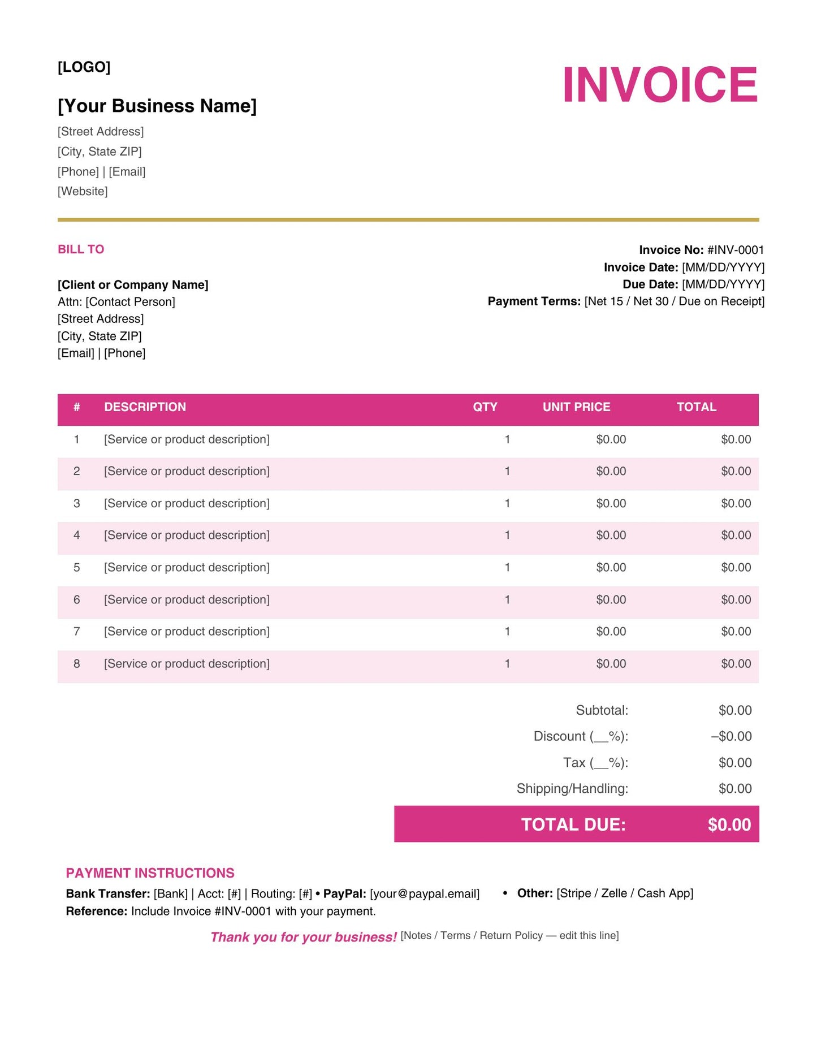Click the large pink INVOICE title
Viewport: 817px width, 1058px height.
click(659, 85)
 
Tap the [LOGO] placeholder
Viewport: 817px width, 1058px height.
click(84, 67)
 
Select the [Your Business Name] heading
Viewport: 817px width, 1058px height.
click(157, 106)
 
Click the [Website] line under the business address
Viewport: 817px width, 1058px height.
click(83, 191)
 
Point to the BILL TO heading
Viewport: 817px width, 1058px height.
click(81, 249)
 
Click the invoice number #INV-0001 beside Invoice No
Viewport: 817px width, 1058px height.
click(735, 250)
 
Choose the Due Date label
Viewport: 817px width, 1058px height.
click(650, 284)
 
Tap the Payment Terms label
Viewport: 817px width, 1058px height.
click(534, 301)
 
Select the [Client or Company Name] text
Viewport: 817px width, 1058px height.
click(133, 285)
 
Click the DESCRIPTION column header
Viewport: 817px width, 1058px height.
click(145, 407)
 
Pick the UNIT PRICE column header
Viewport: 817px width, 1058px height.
click(576, 407)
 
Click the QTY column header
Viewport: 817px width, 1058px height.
click(485, 407)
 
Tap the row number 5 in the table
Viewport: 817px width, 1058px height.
click(77, 568)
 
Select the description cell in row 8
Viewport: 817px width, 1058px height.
click(187, 664)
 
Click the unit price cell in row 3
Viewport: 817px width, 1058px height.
click(611, 504)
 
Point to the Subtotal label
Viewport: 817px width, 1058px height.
click(602, 711)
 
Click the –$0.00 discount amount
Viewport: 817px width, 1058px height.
click(731, 737)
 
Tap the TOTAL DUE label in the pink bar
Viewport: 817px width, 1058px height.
click(573, 825)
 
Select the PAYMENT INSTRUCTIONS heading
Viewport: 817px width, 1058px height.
click(150, 873)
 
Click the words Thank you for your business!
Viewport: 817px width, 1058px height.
click(303, 938)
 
